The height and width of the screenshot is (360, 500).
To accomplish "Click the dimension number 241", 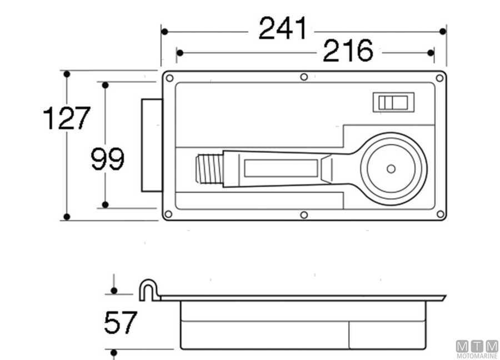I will pos(282,29).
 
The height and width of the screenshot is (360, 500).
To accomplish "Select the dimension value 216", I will pos(348,52).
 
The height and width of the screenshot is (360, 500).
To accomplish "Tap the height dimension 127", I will pos(66,118).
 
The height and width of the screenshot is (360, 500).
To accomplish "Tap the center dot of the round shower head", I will pos(391,168).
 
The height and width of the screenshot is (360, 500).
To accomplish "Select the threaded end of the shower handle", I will pos(209,168).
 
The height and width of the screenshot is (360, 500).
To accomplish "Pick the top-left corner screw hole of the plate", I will pos(170,78).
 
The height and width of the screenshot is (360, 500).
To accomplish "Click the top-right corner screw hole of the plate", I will pos(439,77).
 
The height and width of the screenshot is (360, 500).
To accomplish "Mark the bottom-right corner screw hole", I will pos(439,214).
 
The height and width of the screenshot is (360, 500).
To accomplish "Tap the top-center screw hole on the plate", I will pos(303,77).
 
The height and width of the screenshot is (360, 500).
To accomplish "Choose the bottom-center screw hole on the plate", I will pos(303,214).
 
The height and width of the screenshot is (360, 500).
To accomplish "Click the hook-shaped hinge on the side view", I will pos(148,289).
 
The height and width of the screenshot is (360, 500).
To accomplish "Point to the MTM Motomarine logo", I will pos(477,349).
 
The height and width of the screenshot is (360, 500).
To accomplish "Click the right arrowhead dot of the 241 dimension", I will pos(443,31).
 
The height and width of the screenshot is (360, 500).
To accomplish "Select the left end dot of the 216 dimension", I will pos(179,53).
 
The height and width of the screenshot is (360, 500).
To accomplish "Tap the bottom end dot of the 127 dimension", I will pos(67,217).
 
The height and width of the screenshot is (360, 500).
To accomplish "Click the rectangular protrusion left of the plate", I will pos(151,145).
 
